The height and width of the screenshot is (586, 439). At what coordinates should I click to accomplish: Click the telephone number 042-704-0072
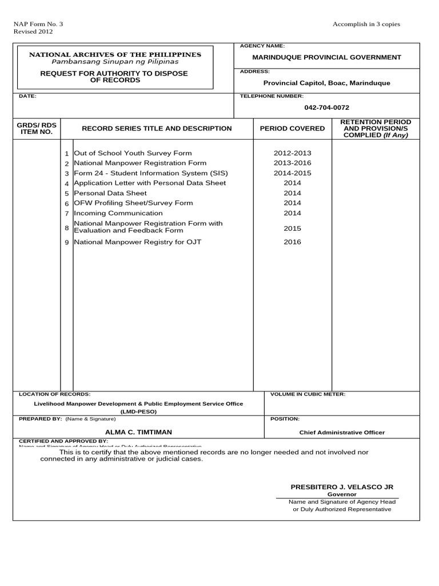[326, 108]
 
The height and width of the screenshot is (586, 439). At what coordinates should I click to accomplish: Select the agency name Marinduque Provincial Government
[326, 57]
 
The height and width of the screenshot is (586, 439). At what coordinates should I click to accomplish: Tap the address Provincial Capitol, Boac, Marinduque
[326, 83]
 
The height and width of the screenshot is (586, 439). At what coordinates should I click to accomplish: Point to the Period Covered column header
[292, 129]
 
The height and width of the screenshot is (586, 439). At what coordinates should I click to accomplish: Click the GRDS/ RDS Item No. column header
[37, 128]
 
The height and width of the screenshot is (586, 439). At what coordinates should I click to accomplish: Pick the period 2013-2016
[292, 163]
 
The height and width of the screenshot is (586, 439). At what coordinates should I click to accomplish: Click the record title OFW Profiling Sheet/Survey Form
[134, 203]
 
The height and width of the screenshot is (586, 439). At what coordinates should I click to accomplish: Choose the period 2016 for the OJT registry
[292, 242]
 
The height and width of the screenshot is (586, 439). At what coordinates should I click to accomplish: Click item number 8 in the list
[66, 228]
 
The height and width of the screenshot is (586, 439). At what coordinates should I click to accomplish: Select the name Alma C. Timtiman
[138, 432]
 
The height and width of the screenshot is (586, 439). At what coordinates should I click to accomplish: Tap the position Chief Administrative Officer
[342, 433]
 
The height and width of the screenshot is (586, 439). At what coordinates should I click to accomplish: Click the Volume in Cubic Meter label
[308, 394]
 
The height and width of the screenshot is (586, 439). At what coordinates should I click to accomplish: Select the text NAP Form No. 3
[38, 24]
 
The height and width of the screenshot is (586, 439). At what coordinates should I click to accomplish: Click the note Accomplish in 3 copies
[366, 24]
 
